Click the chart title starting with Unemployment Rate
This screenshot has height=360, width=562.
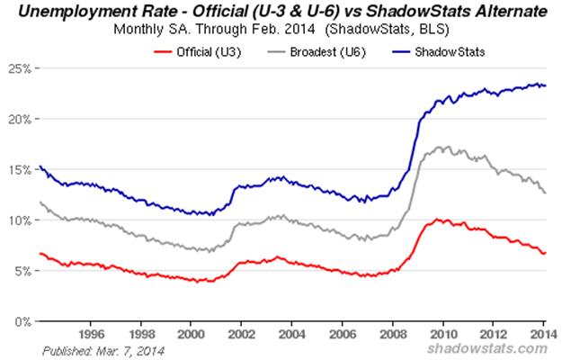coord(281,12)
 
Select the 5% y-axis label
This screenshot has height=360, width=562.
coord(23,270)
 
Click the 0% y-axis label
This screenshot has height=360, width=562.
coord(23,320)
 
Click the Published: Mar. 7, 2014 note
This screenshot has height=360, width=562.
coord(87,349)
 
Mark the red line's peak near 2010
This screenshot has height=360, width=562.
coord(437,219)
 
